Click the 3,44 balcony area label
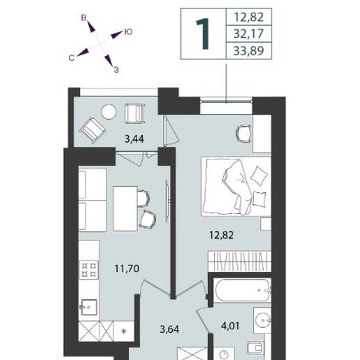coord(134,139)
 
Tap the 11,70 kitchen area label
coord(127,269)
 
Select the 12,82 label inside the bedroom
coord(221,235)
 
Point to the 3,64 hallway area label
coord(169,329)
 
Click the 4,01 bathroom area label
coord(230,326)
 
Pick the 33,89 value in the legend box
coord(249,51)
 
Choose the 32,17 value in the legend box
coord(249,34)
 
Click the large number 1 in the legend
coord(203,34)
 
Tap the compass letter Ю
coord(128,32)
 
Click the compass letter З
coord(116,70)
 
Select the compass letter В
coord(84,17)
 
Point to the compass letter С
coord(72,58)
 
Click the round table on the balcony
coord(109,112)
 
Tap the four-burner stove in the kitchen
coord(89,270)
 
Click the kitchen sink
coord(88,307)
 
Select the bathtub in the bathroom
coord(242,290)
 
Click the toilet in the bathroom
coord(256,348)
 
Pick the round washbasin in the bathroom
coord(263,320)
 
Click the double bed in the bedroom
coord(236,187)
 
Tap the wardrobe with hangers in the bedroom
coord(240,261)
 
